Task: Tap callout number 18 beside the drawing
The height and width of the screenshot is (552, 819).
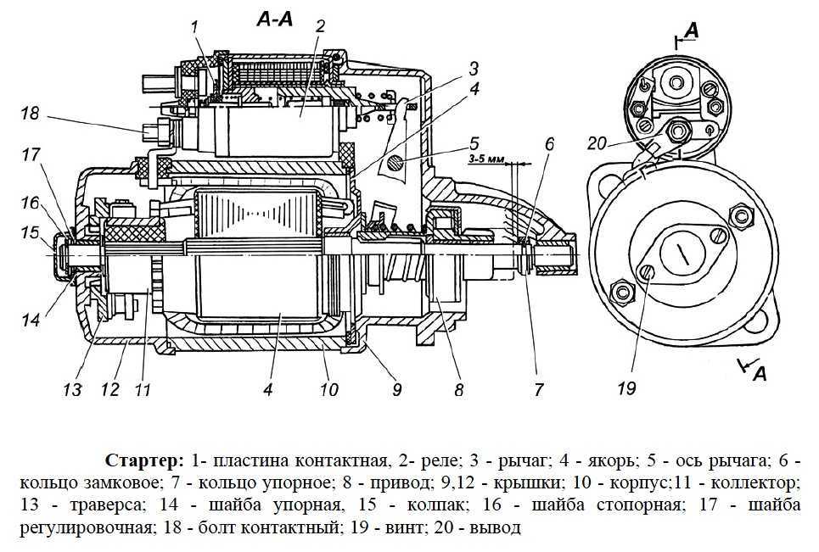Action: click(31, 113)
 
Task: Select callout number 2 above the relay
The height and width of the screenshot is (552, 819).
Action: click(319, 26)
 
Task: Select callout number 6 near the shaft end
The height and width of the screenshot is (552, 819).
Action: click(548, 145)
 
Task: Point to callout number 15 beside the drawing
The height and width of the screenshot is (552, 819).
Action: click(30, 231)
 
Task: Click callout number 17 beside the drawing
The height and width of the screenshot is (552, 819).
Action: click(31, 155)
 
